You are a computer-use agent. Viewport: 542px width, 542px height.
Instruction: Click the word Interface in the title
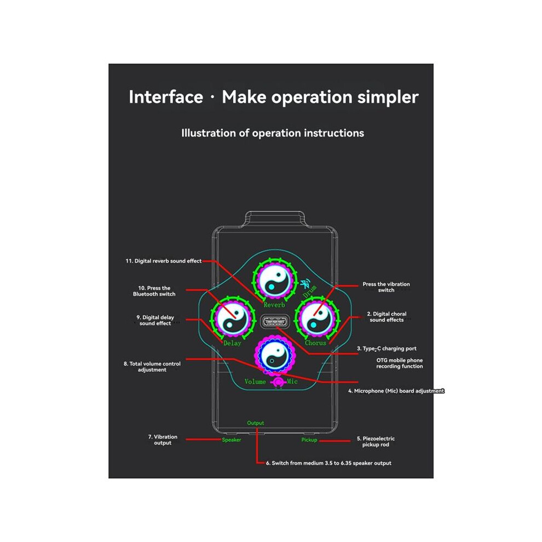click(x=166, y=97)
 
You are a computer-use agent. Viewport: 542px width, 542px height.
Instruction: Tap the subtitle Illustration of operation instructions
click(x=273, y=133)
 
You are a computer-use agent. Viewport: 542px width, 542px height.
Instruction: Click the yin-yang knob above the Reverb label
click(x=275, y=279)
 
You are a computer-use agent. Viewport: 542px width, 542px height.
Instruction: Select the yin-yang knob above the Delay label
click(x=233, y=318)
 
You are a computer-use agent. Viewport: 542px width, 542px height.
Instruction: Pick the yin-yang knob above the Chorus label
click(x=316, y=318)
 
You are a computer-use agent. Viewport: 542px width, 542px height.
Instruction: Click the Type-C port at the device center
click(x=275, y=322)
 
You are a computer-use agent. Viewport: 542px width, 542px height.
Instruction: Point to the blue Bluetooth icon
click(x=305, y=284)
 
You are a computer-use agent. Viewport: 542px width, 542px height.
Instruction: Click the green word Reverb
click(x=274, y=305)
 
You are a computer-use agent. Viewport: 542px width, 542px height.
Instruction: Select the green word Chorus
click(x=315, y=343)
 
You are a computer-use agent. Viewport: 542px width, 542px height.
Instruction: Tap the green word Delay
click(x=232, y=343)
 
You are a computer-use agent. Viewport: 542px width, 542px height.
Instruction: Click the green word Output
click(x=256, y=423)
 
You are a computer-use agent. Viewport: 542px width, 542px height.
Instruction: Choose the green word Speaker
click(x=232, y=440)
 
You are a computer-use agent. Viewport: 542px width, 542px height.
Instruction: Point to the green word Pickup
click(x=309, y=440)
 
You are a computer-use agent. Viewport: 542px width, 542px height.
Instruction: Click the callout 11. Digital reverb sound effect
click(x=164, y=261)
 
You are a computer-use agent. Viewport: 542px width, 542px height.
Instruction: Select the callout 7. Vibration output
click(x=163, y=440)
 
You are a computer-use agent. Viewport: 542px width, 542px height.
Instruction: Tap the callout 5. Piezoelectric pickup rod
click(x=376, y=442)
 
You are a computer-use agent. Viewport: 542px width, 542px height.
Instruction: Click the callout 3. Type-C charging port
click(x=387, y=349)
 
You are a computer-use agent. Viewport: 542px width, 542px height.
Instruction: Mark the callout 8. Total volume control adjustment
click(x=152, y=367)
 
